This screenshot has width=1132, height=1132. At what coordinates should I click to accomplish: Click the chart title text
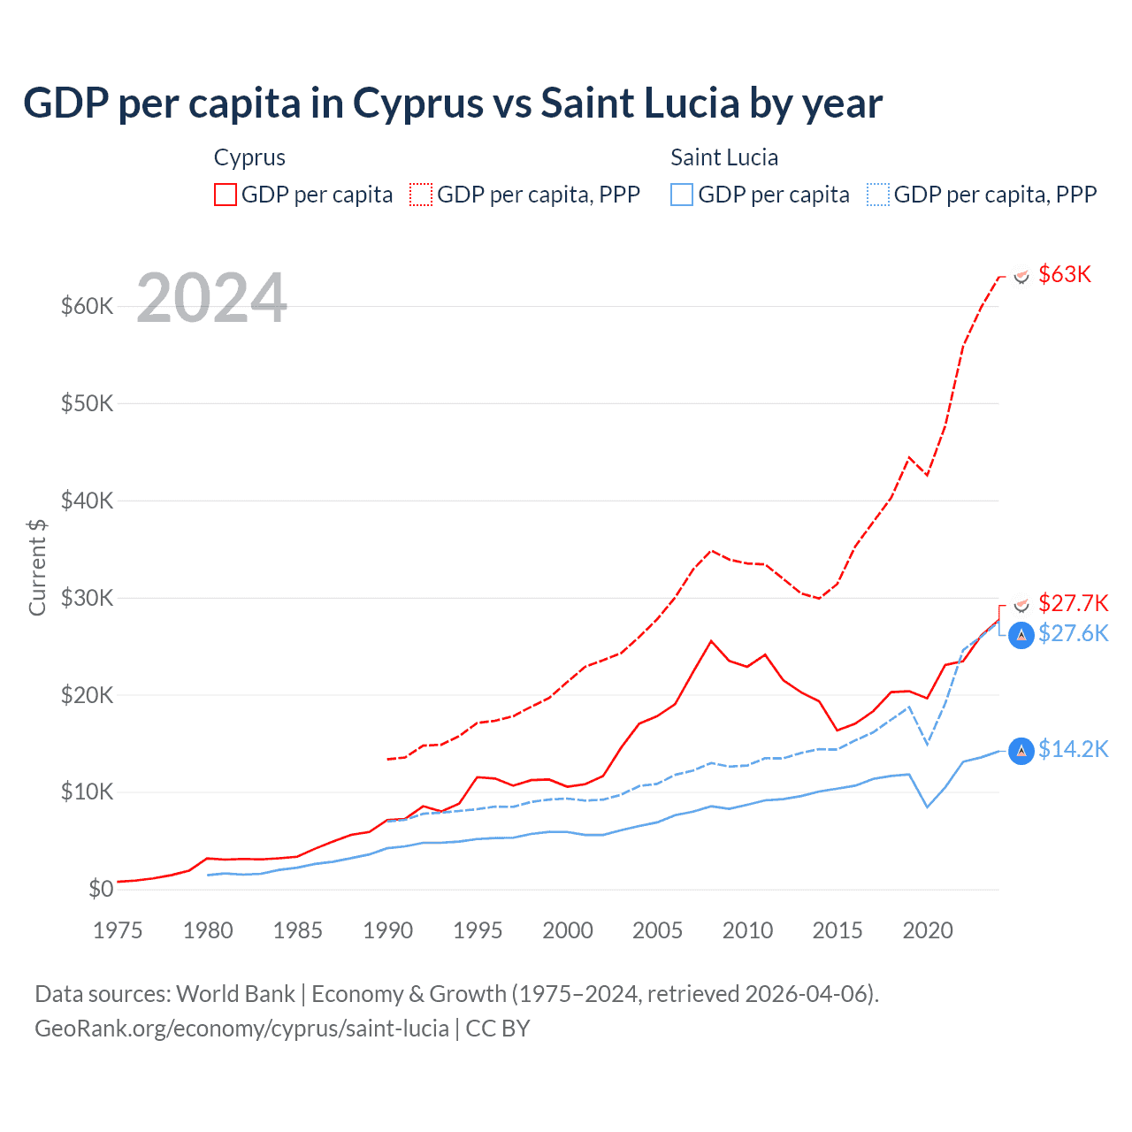pyautogui.click(x=453, y=103)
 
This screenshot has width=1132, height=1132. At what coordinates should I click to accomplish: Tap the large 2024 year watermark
pyautogui.click(x=212, y=298)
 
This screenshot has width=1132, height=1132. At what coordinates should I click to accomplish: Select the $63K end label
pyautogui.click(x=1065, y=274)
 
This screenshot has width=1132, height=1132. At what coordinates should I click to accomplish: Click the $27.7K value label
pyautogui.click(x=1073, y=603)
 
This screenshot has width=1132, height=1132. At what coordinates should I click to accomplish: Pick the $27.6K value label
pyautogui.click(x=1073, y=633)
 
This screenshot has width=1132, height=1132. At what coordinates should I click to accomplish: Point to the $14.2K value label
pyautogui.click(x=1073, y=749)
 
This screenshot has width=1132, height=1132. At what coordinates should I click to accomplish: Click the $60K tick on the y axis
pyautogui.click(x=88, y=306)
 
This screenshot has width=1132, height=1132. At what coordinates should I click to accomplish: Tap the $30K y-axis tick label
pyautogui.click(x=88, y=598)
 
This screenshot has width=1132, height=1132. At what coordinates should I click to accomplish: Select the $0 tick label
pyautogui.click(x=101, y=889)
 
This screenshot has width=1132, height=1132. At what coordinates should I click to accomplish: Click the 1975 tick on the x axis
pyautogui.click(x=118, y=930)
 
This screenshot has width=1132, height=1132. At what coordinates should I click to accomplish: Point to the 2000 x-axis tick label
pyautogui.click(x=568, y=930)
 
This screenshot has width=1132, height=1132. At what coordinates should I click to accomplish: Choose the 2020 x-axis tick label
pyautogui.click(x=928, y=930)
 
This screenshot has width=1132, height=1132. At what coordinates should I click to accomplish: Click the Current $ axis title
pyautogui.click(x=37, y=567)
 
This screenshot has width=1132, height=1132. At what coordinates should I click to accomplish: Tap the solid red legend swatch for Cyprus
pyautogui.click(x=226, y=195)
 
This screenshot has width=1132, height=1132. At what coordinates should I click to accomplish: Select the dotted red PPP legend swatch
pyautogui.click(x=421, y=195)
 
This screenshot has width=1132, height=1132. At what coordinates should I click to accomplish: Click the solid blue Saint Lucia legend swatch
pyautogui.click(x=682, y=195)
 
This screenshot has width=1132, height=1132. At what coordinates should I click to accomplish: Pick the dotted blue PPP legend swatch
pyautogui.click(x=878, y=195)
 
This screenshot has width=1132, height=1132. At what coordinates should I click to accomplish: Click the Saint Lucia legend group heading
pyautogui.click(x=724, y=157)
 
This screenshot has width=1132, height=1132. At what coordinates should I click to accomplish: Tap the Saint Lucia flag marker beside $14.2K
pyautogui.click(x=1021, y=751)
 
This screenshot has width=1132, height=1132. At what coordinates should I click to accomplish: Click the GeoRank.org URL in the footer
pyautogui.click(x=241, y=1029)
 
